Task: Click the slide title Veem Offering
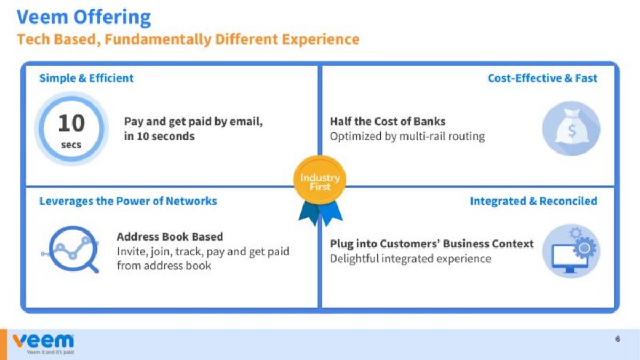[83, 18]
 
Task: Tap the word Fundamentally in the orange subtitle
[158, 39]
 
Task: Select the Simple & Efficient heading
[86, 78]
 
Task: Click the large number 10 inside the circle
[71, 123]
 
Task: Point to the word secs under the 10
[71, 145]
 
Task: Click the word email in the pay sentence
[246, 122]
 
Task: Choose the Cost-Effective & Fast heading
[542, 78]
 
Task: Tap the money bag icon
[571, 129]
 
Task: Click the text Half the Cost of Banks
[388, 122]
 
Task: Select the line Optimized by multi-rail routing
[407, 137]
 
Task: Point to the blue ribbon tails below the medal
[321, 213]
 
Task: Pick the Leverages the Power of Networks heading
[128, 201]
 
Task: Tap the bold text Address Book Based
[170, 237]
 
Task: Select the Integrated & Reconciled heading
[534, 201]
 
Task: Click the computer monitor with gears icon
[571, 251]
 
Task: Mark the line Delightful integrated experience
[410, 259]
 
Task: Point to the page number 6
[618, 339]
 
